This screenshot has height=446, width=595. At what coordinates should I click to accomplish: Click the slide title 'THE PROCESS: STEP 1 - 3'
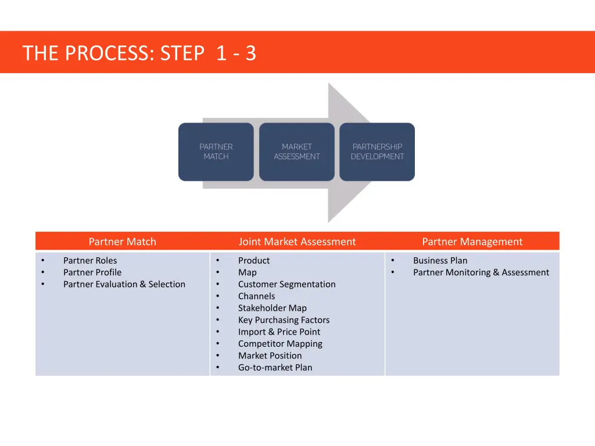pyautogui.click(x=139, y=53)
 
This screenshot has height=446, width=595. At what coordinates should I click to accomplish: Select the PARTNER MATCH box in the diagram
pyautogui.click(x=216, y=152)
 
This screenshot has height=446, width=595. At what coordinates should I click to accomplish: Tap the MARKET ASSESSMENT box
pyautogui.click(x=297, y=152)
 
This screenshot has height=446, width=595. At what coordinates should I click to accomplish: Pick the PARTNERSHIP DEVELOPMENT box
pyautogui.click(x=377, y=152)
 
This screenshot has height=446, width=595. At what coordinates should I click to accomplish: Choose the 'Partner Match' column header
pyautogui.click(x=122, y=242)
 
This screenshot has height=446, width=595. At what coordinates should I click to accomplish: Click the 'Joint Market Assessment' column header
pyautogui.click(x=297, y=242)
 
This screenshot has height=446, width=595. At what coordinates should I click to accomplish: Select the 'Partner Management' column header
pyautogui.click(x=472, y=242)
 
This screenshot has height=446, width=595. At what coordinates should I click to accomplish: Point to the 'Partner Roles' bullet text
pyautogui.click(x=90, y=261)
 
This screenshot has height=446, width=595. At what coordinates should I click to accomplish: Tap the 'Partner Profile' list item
pyautogui.click(x=92, y=272)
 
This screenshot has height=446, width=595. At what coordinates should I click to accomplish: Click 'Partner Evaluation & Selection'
pyautogui.click(x=124, y=285)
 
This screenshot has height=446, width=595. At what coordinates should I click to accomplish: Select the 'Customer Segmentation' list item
pyautogui.click(x=286, y=285)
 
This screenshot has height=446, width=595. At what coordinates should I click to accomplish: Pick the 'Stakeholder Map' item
pyautogui.click(x=272, y=308)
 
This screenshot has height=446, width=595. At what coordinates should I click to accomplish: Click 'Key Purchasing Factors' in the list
pyautogui.click(x=284, y=320)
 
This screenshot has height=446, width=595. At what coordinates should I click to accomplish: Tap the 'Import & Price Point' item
pyautogui.click(x=279, y=332)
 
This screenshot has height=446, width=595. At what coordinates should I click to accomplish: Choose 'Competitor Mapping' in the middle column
pyautogui.click(x=280, y=344)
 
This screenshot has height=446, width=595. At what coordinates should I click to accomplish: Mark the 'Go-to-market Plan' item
pyautogui.click(x=275, y=368)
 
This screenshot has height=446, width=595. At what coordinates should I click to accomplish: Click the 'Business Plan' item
pyautogui.click(x=440, y=261)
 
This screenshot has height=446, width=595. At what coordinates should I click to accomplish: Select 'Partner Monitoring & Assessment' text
pyautogui.click(x=481, y=272)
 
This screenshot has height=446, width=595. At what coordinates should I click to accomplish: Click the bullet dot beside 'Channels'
pyautogui.click(x=217, y=296)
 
